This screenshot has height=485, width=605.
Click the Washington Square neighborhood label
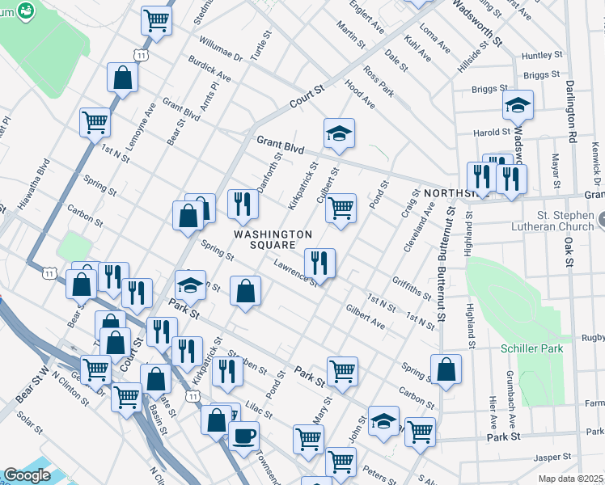[x=273, y=239]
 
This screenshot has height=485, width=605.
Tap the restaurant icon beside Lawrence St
[x=319, y=263]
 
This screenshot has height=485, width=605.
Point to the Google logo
[x=27, y=475]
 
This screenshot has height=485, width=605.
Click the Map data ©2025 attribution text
[x=571, y=479]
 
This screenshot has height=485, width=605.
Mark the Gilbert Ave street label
[x=365, y=317]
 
